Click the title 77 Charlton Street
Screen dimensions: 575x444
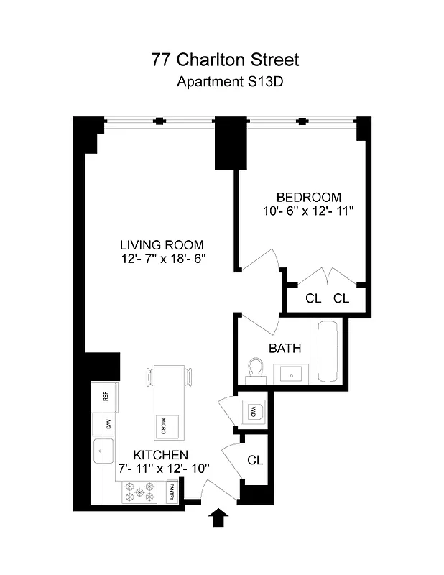point(225,59)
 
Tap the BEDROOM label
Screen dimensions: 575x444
point(308,197)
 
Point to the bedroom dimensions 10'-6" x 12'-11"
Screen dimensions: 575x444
point(308,211)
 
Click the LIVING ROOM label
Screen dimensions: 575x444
point(162,244)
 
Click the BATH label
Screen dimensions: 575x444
point(285,349)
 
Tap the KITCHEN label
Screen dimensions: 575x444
point(159,455)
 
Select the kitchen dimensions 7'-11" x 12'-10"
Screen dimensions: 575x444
point(164,469)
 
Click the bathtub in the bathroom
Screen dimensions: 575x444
point(328,351)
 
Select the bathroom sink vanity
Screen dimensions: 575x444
point(291,373)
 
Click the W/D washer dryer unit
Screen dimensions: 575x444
point(254,412)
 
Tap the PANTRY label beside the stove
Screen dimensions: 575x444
point(172,492)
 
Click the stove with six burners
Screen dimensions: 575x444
point(141,492)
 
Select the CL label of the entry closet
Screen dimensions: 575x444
point(254,460)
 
